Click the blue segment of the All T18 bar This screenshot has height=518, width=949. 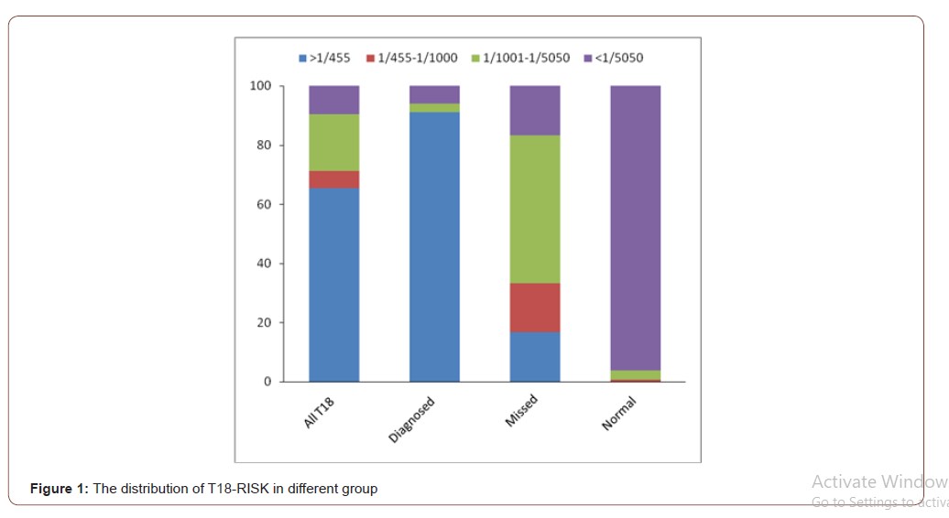click(333, 284)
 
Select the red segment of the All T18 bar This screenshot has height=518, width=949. click(333, 179)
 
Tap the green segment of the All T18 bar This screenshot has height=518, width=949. click(333, 143)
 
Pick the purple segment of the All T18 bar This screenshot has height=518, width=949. click(333, 100)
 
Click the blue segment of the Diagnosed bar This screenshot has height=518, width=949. click(434, 247)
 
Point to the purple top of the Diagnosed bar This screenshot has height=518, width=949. click(434, 94)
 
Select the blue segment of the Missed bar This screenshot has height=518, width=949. click(535, 357)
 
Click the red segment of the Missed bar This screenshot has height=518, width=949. click(535, 308)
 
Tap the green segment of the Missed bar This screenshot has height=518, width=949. click(535, 209)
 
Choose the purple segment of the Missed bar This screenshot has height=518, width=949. click(535, 110)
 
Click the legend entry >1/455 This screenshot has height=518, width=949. click(324, 58)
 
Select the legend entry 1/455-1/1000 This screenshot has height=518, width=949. click(411, 58)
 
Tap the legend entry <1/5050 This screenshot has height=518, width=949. click(614, 58)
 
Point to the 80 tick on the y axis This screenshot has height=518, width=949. click(262, 146)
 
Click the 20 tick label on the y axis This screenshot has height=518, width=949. click(262, 323)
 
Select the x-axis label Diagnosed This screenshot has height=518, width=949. click(411, 420)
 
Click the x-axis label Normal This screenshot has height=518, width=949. click(619, 413)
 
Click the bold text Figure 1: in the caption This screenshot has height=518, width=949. click(59, 489)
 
